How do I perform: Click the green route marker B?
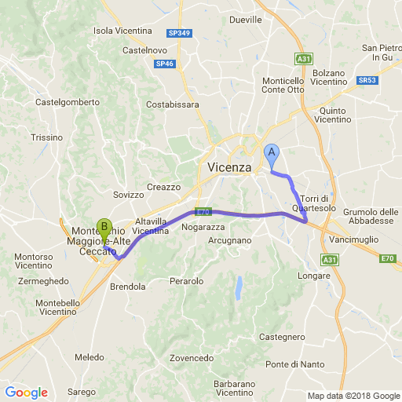pyautogui.click(x=104, y=229)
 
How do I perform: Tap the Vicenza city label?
pyautogui.click(x=230, y=168)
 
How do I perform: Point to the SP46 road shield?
pyautogui.click(x=164, y=64)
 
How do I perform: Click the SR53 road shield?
pyautogui.click(x=366, y=80)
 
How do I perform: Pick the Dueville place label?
pyautogui.click(x=246, y=19)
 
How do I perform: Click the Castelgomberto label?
pyautogui.click(x=68, y=102)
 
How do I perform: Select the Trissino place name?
pyautogui.click(x=46, y=137)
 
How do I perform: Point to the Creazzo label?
pyautogui.click(x=163, y=187)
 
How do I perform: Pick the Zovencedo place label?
pyautogui.click(x=191, y=358)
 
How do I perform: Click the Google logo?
pyautogui.click(x=26, y=393)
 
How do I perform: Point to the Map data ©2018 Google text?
pyautogui.click(x=353, y=396)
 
